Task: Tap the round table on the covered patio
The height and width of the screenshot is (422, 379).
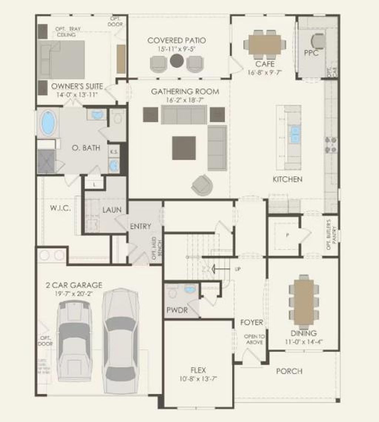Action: (x=177, y=60)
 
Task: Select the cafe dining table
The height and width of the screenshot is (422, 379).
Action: (x=265, y=44)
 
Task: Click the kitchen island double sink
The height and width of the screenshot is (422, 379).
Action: (x=295, y=134)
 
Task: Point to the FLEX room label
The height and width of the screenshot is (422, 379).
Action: (x=198, y=370)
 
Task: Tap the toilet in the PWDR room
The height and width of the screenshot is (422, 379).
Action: (x=172, y=293)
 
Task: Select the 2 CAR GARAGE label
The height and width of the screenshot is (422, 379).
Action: (x=74, y=285)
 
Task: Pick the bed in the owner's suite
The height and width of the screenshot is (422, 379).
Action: (x=62, y=59)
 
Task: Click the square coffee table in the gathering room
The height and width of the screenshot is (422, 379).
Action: (x=184, y=148)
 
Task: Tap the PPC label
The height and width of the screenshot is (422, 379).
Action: (x=311, y=53)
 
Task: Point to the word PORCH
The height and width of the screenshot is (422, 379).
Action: (x=289, y=371)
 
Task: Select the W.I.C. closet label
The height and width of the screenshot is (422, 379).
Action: (x=60, y=208)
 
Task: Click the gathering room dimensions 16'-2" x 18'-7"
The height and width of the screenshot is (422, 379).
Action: (x=185, y=100)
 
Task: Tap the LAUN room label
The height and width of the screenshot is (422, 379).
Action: (x=112, y=210)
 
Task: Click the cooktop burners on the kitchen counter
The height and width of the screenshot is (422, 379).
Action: (x=331, y=145)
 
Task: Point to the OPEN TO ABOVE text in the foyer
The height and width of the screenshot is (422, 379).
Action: (x=254, y=339)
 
